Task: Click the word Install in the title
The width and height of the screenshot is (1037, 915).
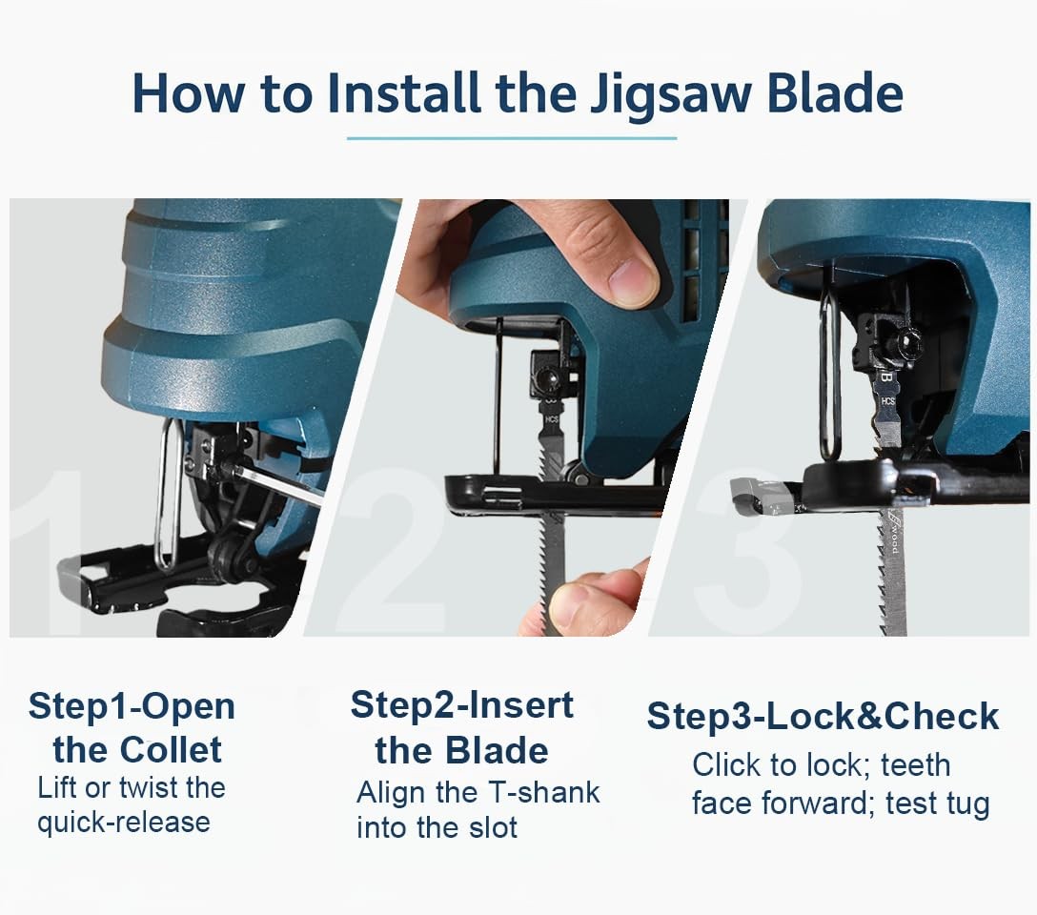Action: click(404, 92)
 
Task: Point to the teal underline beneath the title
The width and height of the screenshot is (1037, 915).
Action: click(512, 138)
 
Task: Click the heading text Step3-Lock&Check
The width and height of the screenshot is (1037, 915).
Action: click(823, 716)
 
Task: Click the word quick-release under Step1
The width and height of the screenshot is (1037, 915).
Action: click(124, 823)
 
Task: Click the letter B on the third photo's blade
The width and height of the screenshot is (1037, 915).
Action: click(886, 378)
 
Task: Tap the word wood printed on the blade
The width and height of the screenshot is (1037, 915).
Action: click(893, 539)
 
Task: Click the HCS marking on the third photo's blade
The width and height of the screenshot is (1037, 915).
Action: click(888, 401)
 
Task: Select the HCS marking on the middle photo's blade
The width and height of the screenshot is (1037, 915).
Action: click(552, 418)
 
